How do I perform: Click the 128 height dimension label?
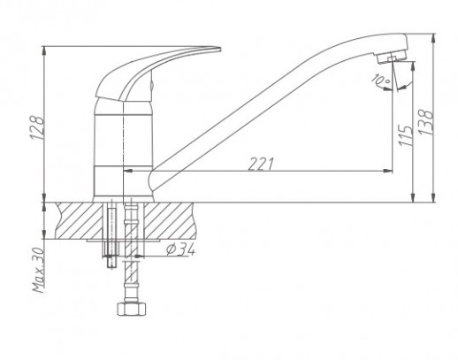click(x=37, y=127)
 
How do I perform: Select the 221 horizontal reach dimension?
click(x=261, y=164)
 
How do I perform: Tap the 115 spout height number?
click(x=406, y=135)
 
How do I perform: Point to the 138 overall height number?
click(x=426, y=122)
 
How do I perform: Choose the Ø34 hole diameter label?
click(x=180, y=250)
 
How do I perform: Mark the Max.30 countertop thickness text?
click(x=39, y=271)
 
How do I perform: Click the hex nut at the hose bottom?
click(x=131, y=309)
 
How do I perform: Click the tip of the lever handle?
click(x=220, y=50)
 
